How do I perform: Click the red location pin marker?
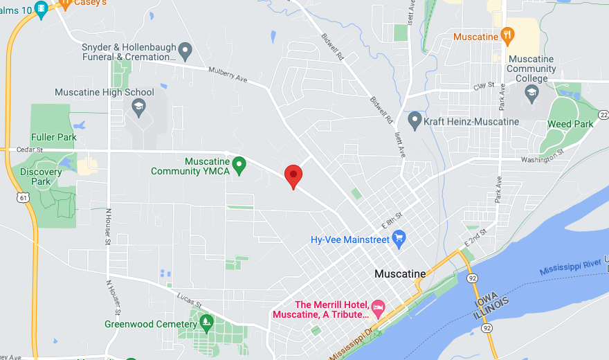pyautogui.click(x=293, y=176)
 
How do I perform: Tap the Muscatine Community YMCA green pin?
pyautogui.click(x=239, y=165)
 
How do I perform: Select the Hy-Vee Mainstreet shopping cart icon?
pyautogui.click(x=399, y=240)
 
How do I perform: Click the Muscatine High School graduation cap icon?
pyautogui.click(x=138, y=107)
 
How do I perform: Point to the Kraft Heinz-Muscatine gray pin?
pyautogui.click(x=415, y=120)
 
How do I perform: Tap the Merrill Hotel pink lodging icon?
pyautogui.click(x=378, y=307)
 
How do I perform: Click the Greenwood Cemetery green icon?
pyautogui.click(x=206, y=322)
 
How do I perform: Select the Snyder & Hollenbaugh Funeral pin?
pyautogui.click(x=185, y=50)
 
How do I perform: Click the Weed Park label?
pyautogui.click(x=570, y=124)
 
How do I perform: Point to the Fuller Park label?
pyautogui.click(x=53, y=137)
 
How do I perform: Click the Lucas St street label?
pyautogui.click(x=188, y=302)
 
